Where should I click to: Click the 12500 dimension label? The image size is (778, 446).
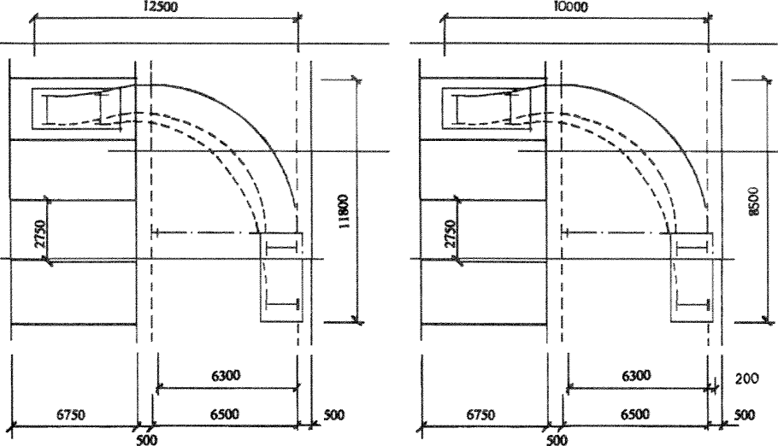[159, 7]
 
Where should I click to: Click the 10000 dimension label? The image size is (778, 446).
[570, 7]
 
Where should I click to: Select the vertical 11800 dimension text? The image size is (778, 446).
[345, 211]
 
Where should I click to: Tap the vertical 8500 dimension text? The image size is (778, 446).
[754, 201]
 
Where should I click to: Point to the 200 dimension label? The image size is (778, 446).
[746, 379]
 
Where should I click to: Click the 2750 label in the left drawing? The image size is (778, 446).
[39, 233]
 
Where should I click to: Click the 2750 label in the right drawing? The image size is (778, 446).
[450, 233]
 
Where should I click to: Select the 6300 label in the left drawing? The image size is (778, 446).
[226, 376]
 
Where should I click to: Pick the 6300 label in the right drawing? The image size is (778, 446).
[636, 376]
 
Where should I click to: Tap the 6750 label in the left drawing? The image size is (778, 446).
[70, 414]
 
